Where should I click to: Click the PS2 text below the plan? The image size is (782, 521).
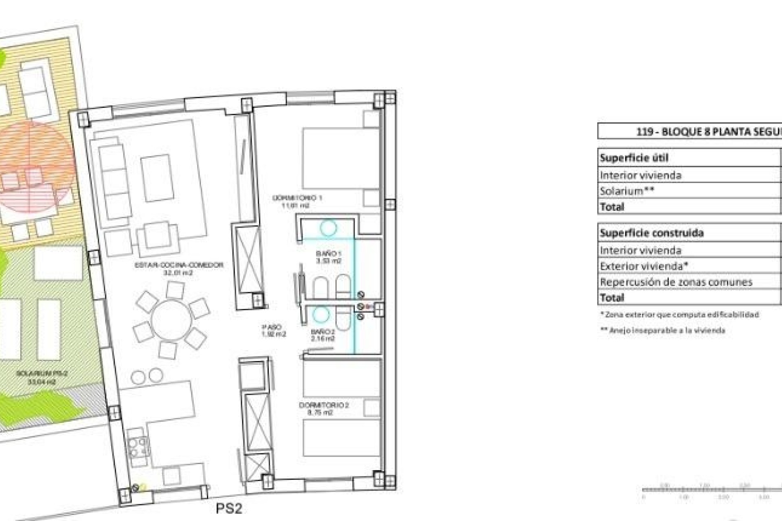(229, 508)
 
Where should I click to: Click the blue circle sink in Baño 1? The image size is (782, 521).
(328, 228)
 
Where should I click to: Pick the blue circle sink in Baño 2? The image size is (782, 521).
(321, 314)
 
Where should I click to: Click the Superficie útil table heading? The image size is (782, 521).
(634, 158)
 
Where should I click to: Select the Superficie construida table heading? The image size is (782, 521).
(651, 233)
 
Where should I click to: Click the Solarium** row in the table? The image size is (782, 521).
(627, 191)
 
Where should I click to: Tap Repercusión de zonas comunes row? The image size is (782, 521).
(676, 282)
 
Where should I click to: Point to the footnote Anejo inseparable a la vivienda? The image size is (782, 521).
(663, 331)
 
